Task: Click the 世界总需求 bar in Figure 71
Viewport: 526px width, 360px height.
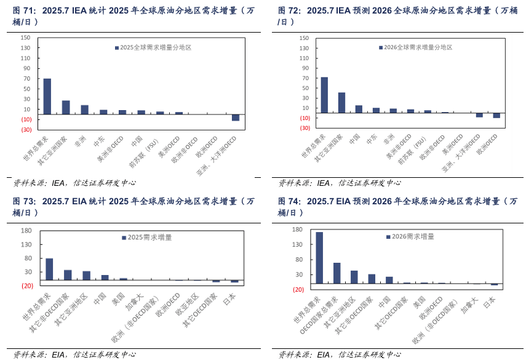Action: coord(47,96)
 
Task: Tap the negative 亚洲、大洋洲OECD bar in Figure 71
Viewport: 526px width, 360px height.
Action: coord(235,118)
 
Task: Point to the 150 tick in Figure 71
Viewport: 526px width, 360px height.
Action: coord(25,38)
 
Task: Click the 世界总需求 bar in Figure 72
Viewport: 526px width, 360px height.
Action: coord(324,95)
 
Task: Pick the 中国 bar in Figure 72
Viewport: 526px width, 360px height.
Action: coord(359,109)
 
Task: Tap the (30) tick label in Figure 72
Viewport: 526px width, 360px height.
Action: coord(305,128)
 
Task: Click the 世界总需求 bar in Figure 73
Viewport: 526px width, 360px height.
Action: coord(49,269)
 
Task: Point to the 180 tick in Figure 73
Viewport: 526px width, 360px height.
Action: coord(26,231)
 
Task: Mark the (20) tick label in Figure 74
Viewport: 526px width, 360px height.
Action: coord(298,289)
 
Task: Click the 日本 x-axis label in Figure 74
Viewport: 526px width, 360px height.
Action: coord(490,302)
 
